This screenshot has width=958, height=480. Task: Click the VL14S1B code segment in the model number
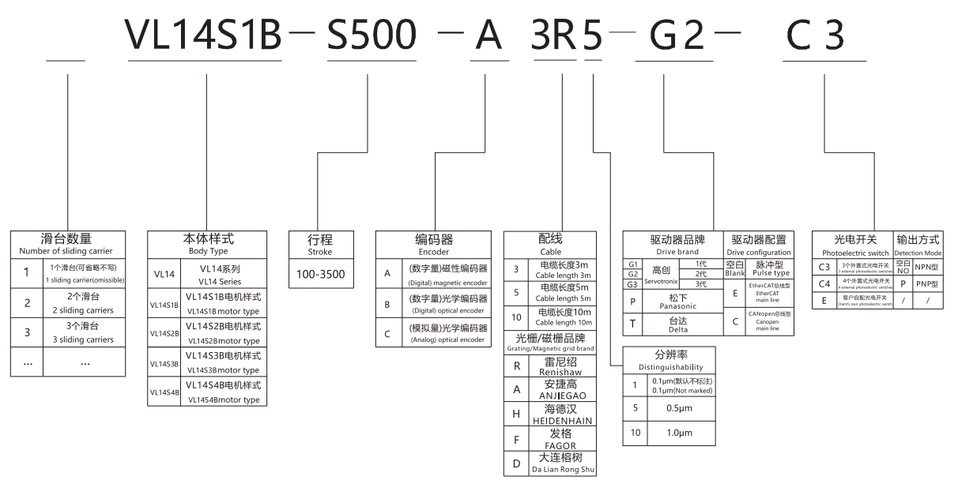[205, 36]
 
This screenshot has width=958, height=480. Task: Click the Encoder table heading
[434, 244]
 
